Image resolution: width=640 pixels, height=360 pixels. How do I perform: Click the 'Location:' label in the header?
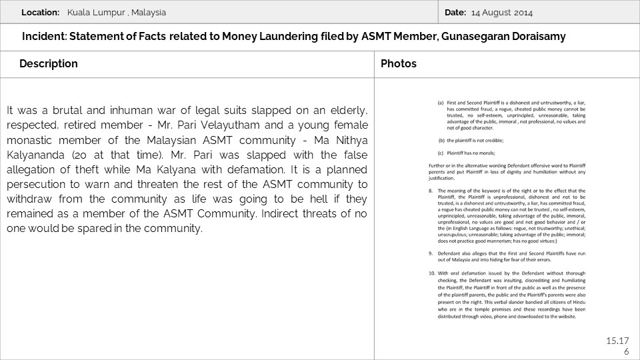40,13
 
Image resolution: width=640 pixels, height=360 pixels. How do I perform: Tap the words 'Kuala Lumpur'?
93,13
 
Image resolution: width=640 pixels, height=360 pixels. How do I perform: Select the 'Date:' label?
455,13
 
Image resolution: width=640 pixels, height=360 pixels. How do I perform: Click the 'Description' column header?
49,64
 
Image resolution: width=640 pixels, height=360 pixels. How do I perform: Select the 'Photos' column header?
399,64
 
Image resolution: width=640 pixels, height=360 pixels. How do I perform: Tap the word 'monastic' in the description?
28,140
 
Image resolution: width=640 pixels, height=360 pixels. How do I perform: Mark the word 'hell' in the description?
312,199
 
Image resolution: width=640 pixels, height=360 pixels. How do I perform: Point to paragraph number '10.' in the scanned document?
431,273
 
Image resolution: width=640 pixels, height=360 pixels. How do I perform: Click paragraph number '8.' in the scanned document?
431,191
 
